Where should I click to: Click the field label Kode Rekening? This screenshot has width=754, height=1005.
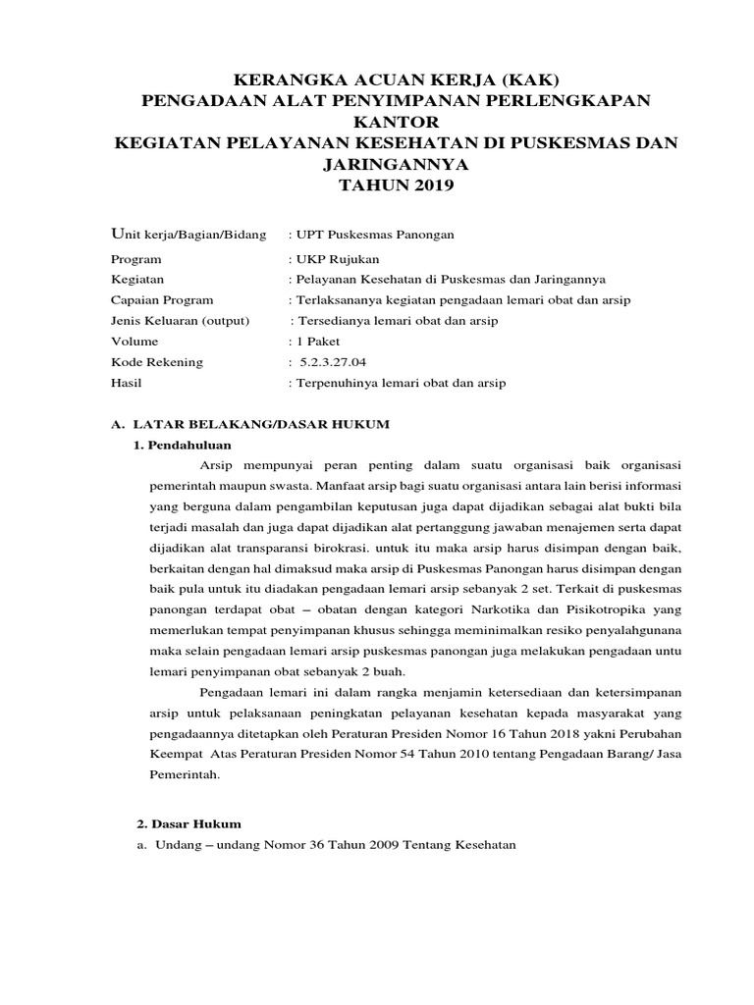click(158, 362)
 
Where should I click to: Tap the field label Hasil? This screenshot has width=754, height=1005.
click(128, 383)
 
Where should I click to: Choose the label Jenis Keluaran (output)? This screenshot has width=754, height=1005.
click(182, 321)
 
